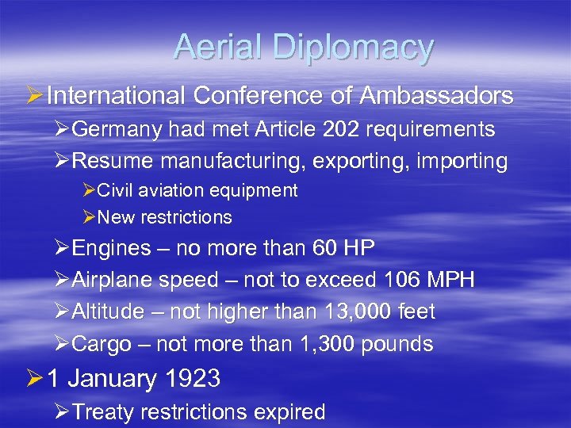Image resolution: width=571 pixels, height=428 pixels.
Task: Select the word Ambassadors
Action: (436, 96)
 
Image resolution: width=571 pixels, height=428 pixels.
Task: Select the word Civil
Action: (116, 190)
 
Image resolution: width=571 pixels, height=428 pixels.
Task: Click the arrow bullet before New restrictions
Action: (89, 217)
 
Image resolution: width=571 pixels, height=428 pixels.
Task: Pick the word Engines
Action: (112, 249)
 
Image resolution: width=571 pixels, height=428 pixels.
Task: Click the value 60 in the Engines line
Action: (325, 248)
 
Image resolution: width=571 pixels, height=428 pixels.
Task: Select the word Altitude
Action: (109, 311)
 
